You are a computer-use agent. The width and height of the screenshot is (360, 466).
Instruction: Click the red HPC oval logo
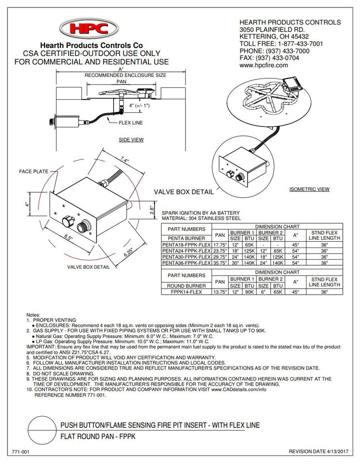89,28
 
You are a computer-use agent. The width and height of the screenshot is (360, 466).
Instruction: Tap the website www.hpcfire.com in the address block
263,65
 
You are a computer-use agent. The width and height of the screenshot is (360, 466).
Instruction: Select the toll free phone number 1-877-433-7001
298,43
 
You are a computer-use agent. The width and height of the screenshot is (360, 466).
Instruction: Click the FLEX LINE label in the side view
130,122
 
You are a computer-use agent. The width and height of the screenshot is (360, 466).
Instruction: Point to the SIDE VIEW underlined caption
131,140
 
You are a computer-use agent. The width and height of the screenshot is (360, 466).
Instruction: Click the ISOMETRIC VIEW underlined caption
309,189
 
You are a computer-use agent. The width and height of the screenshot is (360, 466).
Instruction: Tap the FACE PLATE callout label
33,171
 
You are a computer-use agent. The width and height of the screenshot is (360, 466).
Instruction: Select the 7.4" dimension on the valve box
124,160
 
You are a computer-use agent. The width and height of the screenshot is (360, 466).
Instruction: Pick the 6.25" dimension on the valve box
128,252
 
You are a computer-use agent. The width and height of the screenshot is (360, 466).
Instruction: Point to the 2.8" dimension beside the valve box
152,210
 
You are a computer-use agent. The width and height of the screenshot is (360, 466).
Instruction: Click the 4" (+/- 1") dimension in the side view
139,105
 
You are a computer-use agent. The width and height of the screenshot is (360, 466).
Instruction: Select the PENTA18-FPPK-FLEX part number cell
186,245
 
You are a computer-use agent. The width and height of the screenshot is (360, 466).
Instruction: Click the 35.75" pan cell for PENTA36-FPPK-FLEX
220,263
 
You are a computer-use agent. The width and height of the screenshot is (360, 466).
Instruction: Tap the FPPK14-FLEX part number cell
186,292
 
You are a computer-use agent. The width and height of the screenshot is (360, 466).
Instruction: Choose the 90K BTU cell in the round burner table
249,292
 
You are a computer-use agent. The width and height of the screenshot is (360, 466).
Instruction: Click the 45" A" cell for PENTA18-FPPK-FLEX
295,245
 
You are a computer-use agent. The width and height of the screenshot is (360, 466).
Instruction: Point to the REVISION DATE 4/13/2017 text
318,452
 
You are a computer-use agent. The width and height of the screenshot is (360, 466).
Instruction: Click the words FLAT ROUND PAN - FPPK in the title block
98,436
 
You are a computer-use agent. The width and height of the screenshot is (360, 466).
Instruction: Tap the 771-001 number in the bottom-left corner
20,452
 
